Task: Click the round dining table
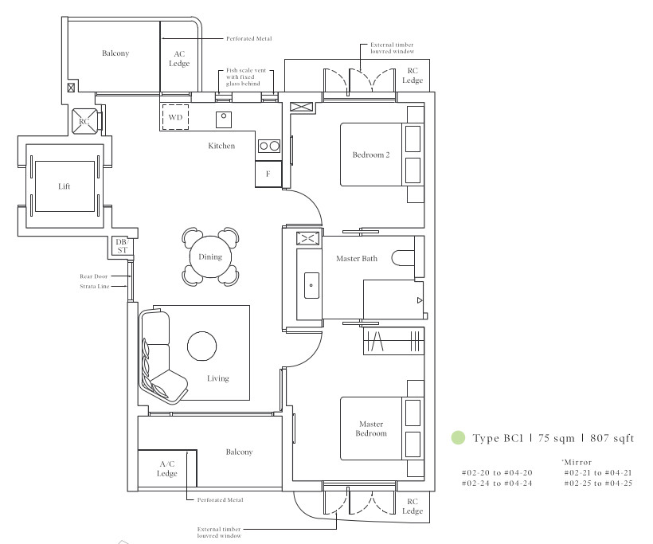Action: (210, 256)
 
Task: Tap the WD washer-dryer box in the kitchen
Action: (175, 117)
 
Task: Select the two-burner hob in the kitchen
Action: (269, 146)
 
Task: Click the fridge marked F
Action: (268, 174)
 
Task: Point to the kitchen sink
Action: (224, 119)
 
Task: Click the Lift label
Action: (65, 186)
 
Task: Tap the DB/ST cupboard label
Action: (122, 246)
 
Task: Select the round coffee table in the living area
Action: (202, 346)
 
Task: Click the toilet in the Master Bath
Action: (403, 258)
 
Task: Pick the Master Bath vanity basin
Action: (311, 285)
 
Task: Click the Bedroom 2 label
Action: (370, 155)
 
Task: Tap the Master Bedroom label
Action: (371, 429)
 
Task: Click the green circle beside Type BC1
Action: (458, 437)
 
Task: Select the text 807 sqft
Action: (612, 438)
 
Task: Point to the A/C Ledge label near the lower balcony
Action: (167, 468)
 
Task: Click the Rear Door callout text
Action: (94, 276)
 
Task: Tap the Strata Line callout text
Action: (95, 286)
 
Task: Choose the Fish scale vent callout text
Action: (246, 70)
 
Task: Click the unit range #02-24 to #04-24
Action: (497, 483)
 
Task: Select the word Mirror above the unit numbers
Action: (578, 462)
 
